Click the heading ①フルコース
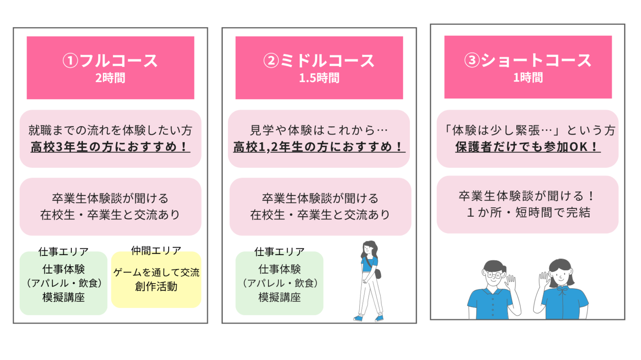click(x=110, y=61)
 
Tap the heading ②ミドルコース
click(x=319, y=61)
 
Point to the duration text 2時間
click(x=110, y=78)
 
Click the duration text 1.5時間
click(x=319, y=78)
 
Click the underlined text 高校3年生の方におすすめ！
click(x=110, y=147)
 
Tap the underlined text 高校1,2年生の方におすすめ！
click(x=319, y=147)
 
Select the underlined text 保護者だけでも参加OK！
click(x=527, y=147)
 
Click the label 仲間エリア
click(x=156, y=251)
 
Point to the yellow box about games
click(x=156, y=279)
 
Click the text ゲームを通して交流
click(x=156, y=273)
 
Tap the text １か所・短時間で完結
click(x=527, y=213)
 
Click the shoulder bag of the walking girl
click(x=378, y=274)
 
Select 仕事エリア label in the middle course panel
click(x=279, y=252)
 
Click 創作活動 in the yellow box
click(x=156, y=287)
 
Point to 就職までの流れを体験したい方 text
click(x=110, y=130)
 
